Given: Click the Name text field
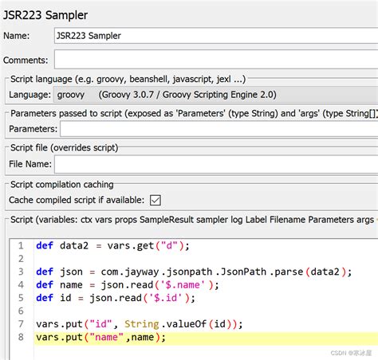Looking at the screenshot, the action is click(216, 36).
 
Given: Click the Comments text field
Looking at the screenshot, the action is click(216, 60).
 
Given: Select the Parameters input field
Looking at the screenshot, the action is click(219, 129).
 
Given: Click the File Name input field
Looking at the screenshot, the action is click(216, 164).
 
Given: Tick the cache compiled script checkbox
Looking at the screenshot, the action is click(156, 200).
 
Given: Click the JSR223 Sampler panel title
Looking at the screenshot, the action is click(45, 15).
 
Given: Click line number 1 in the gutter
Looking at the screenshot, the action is click(21, 245).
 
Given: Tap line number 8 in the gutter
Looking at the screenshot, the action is click(21, 337).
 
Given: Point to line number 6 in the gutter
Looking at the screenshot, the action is click(21, 311).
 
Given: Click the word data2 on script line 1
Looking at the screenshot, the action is click(74, 245).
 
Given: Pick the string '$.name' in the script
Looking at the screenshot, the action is click(183, 285).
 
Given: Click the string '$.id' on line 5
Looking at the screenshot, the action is click(165, 298).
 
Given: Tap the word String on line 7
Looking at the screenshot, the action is click(142, 324).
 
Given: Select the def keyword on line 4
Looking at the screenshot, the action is click(45, 285).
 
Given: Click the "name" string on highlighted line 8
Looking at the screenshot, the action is click(106, 337).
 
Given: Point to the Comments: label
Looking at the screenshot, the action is click(26, 61).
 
